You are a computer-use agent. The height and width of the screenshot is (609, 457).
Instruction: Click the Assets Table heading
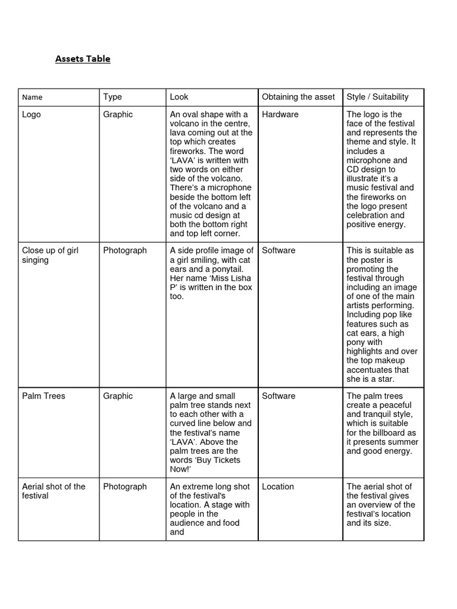pyautogui.click(x=83, y=59)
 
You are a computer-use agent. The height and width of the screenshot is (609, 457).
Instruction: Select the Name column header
pyautogui.click(x=32, y=98)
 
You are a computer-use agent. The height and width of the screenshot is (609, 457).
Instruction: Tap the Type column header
pyautogui.click(x=112, y=97)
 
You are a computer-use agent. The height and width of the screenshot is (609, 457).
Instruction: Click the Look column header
pyautogui.click(x=179, y=97)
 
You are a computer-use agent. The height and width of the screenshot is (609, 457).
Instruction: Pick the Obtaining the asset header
pyautogui.click(x=298, y=97)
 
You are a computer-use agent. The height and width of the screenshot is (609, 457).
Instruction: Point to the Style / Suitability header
pyautogui.click(x=377, y=97)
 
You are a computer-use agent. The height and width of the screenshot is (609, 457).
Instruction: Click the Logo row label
pyautogui.click(x=32, y=114)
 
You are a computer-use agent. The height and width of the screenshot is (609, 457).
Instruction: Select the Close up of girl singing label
pyautogui.click(x=50, y=255)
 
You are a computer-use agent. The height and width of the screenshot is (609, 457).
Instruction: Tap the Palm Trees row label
pyautogui.click(x=43, y=396)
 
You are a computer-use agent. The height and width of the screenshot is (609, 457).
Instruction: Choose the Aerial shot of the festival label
pyautogui.click(x=54, y=491)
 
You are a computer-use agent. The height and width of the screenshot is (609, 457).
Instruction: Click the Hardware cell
pyautogui.click(x=280, y=114)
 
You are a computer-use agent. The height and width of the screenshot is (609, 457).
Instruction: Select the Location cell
pyautogui.click(x=278, y=486)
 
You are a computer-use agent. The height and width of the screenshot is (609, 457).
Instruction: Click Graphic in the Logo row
pyautogui.click(x=118, y=114)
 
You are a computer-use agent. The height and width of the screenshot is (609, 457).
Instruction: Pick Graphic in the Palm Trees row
pyautogui.click(x=118, y=396)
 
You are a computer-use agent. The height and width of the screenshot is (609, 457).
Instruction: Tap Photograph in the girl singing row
pyautogui.click(x=125, y=250)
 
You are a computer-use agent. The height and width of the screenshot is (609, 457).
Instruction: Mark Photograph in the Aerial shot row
pyautogui.click(x=125, y=486)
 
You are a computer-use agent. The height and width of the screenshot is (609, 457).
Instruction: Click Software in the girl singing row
pyautogui.click(x=278, y=250)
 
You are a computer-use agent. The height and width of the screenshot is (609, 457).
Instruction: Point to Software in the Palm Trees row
pyautogui.click(x=278, y=396)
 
